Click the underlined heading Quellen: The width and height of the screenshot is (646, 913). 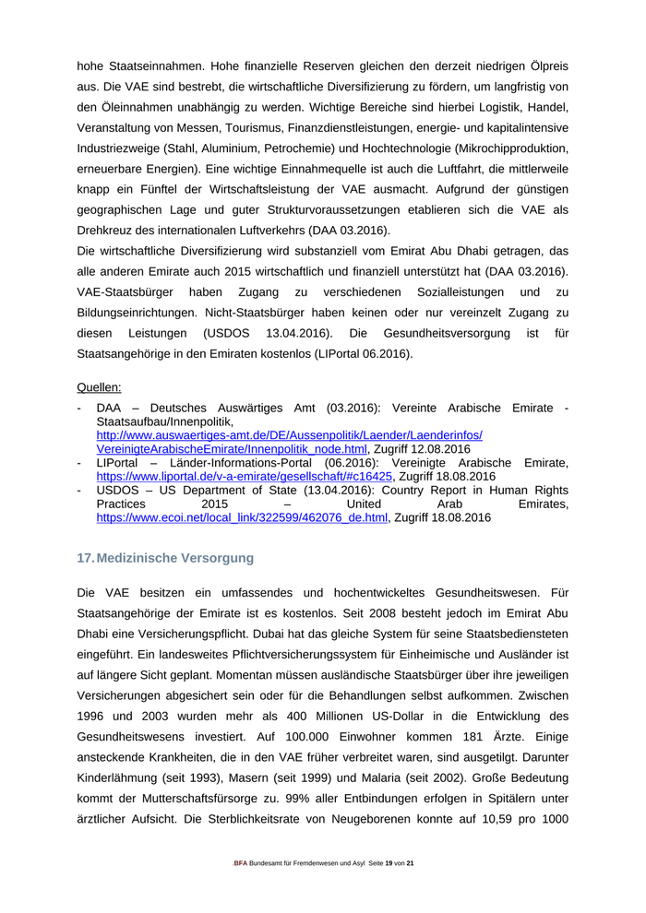(x=99, y=387)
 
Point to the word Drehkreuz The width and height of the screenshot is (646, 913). (x=106, y=230)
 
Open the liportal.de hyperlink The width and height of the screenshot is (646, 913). (x=245, y=477)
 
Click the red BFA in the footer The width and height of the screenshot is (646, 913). (x=240, y=863)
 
